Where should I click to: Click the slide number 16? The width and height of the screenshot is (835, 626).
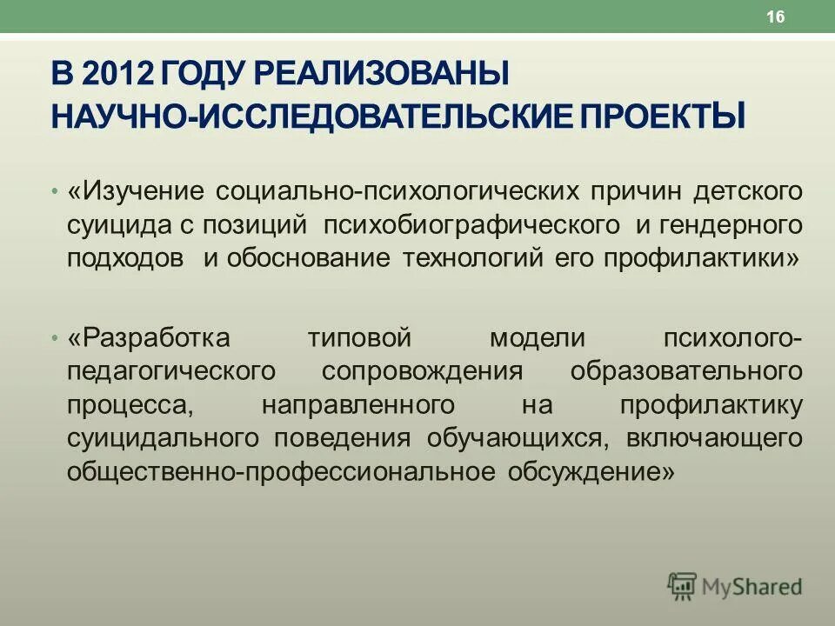(x=776, y=17)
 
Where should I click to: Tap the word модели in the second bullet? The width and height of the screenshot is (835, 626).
(x=536, y=337)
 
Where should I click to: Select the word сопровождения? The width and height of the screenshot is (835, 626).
(x=422, y=371)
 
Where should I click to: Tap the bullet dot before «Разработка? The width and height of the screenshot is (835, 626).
(x=55, y=337)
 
